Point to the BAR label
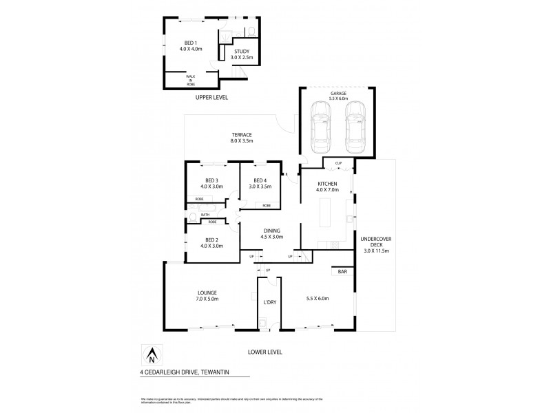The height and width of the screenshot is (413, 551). click(342, 272)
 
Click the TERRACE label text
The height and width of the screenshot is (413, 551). click(241, 134)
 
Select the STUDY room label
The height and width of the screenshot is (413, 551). click(241, 52)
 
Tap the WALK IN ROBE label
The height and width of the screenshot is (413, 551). click(191, 80)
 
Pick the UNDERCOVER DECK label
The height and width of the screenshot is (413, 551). click(375, 243)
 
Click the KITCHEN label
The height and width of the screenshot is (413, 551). click(326, 184)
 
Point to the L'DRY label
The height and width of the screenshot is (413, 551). click(269, 302)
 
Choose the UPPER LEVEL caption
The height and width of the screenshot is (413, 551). click(211, 98)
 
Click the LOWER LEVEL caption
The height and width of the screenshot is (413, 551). click(265, 352)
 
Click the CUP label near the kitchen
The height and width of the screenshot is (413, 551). click(338, 163)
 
